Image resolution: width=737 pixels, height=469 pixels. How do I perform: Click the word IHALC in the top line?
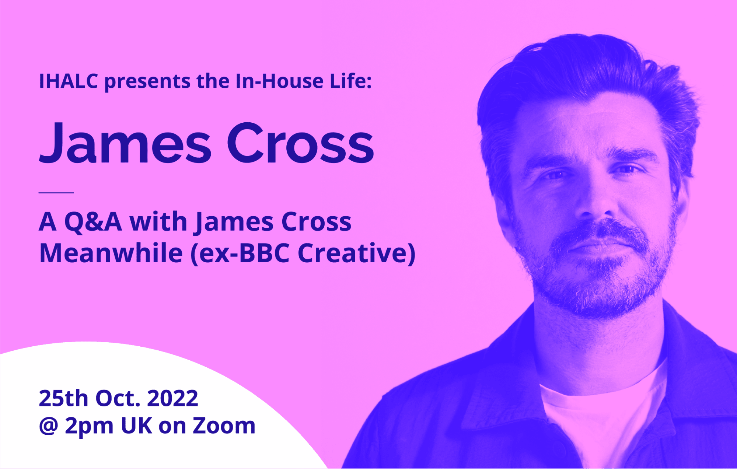(x=69, y=81)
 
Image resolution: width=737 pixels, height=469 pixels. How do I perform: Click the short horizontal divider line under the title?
(x=56, y=192)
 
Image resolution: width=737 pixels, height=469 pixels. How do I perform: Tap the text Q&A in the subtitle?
(x=93, y=223)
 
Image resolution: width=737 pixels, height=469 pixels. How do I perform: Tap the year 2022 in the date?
(x=172, y=398)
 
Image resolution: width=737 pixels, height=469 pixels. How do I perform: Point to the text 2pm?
(x=89, y=427)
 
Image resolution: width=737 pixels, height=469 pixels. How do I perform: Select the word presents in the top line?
(x=147, y=82)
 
